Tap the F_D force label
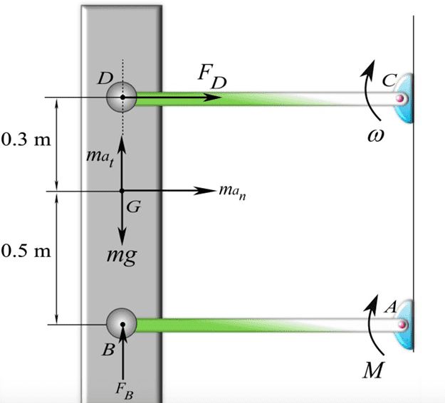213,78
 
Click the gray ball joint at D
122,97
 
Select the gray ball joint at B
122,325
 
